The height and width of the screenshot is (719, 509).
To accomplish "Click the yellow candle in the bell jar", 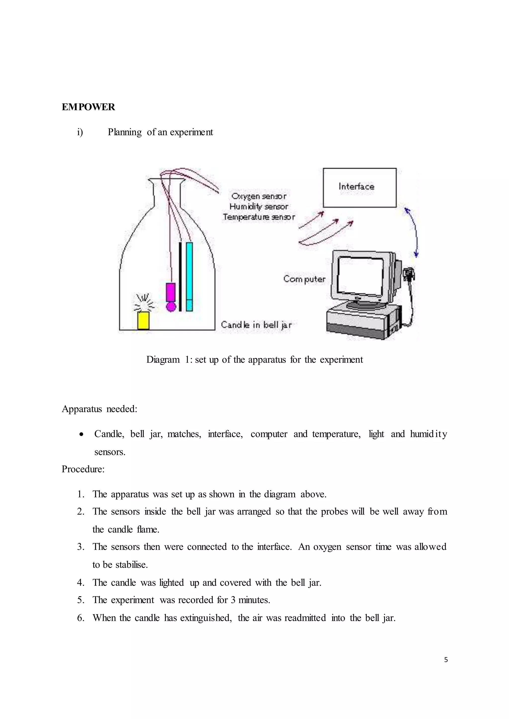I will click(x=143, y=320).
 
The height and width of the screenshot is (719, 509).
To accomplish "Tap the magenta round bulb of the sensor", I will click(x=171, y=307).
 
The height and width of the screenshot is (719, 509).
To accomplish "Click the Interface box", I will click(x=359, y=188).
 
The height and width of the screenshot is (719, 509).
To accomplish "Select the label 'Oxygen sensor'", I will click(x=258, y=196).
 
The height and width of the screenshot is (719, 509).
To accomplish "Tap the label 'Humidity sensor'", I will click(x=258, y=207).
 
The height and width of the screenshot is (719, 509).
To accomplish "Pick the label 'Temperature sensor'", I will click(x=258, y=217).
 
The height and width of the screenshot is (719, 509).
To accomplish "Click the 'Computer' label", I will click(x=304, y=279).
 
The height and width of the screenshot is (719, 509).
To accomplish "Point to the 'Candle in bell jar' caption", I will click(x=256, y=325).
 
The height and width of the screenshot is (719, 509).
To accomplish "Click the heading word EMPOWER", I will click(x=88, y=107).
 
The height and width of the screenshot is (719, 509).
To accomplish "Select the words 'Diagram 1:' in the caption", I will click(x=169, y=359).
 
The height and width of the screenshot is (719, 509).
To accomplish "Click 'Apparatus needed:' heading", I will click(x=99, y=409).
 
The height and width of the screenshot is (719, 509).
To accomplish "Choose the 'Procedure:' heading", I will click(x=83, y=469).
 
